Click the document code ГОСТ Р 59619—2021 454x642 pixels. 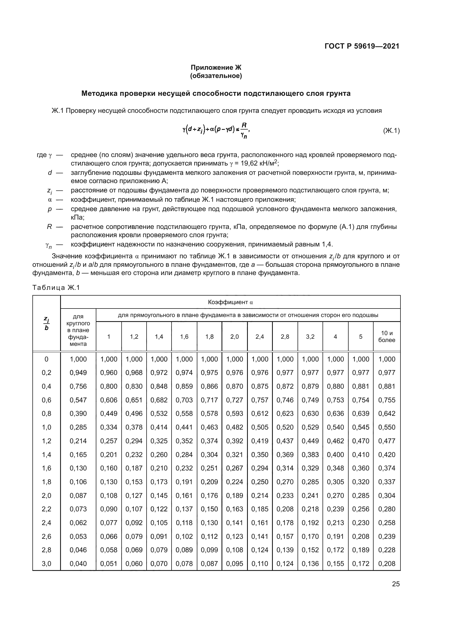coord(362,46)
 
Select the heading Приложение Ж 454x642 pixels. coord(216,68)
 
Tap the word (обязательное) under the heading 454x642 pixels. coord(216,76)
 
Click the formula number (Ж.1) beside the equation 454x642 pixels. coord(391,131)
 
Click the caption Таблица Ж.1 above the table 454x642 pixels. coord(56,287)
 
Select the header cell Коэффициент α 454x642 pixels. coord(230,302)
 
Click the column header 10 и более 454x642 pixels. coord(387,337)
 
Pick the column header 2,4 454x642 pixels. coord(260,337)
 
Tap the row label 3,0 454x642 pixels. coord(46,563)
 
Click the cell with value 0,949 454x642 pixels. coord(78,373)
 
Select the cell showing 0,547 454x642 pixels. coord(78,400)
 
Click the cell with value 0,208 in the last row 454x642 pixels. coord(387,563)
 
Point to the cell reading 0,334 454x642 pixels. coord(109,427)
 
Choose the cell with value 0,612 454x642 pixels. coord(260,414)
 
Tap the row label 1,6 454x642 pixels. coord(46,468)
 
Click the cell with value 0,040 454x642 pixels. coord(78,563)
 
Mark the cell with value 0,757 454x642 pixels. coord(260,400)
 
